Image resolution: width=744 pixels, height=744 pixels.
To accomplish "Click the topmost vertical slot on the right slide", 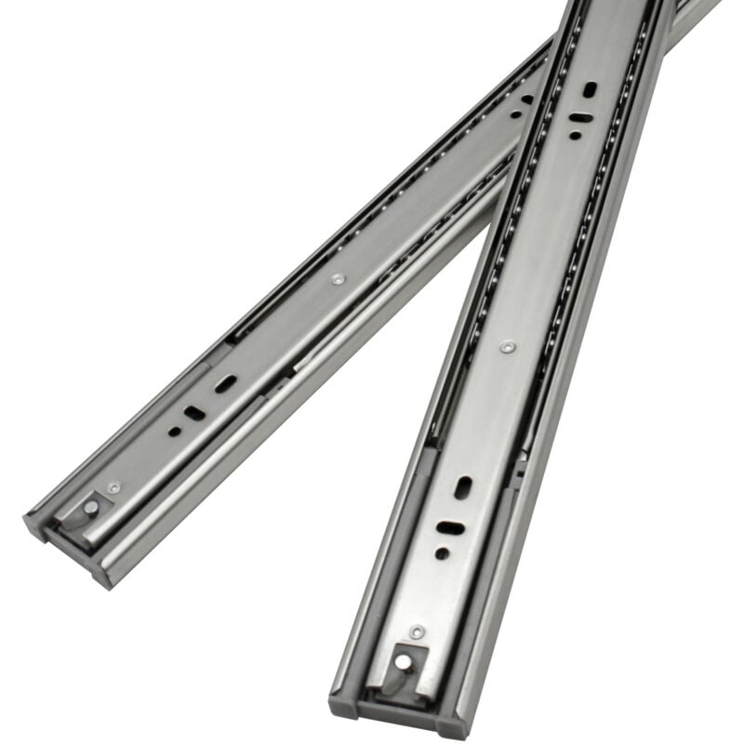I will coord(590,89).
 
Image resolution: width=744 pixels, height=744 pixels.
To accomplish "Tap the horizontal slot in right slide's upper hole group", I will coord(579,118).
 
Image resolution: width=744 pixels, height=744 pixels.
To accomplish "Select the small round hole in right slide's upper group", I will coord(575,136).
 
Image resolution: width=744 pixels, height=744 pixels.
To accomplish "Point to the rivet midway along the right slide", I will coord(506,346).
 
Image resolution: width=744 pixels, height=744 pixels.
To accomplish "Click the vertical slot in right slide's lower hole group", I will coord(462,487).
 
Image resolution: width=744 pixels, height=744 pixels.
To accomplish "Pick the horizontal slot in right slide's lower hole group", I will coord(450,527).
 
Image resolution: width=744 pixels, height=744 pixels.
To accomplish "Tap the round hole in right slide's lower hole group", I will coord(442,552).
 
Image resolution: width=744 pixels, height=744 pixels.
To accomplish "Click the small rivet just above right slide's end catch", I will coord(418,631).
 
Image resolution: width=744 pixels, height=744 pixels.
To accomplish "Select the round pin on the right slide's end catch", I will coord(404,662).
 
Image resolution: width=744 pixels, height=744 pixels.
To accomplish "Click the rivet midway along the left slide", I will coord(337,278).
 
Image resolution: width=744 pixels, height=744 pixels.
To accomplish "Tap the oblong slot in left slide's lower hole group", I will coord(226,383).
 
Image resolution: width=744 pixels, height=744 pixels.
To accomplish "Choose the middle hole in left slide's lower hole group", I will coord(194,412).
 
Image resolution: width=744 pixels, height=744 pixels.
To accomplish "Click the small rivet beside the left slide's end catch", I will coord(114,486).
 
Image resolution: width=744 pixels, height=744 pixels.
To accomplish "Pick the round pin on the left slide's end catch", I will coord(91,508).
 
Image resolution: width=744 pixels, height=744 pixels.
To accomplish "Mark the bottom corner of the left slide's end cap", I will coord(106,584).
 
